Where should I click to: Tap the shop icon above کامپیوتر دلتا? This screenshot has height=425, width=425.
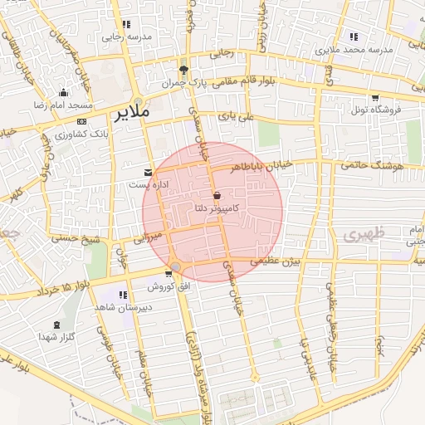[217, 196]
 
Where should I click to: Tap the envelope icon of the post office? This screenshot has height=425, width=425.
[149, 173]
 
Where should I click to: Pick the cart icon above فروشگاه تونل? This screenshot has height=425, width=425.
[375, 98]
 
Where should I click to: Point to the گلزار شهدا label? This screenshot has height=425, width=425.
[57, 338]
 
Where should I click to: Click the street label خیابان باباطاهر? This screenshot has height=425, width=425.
[264, 166]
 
